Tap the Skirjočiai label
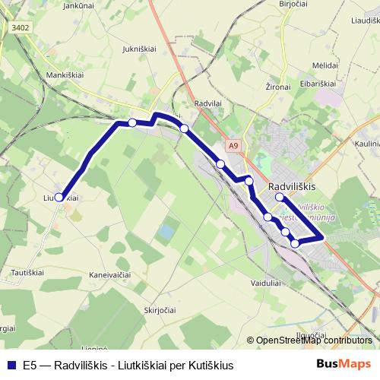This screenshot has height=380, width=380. coord(161,310)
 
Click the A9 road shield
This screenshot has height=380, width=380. coord(233,145)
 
